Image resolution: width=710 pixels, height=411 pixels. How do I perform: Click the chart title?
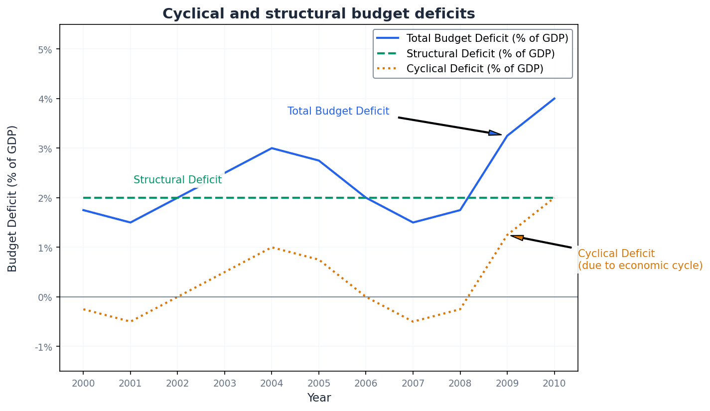318,13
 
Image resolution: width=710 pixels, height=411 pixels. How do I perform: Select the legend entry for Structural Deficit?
480,53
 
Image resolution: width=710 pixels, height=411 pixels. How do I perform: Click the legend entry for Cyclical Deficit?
474,69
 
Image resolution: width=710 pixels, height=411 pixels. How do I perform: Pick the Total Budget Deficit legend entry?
487,38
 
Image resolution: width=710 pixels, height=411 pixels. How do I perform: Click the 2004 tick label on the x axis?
271,383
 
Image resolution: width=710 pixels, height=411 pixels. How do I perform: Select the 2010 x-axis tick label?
554,383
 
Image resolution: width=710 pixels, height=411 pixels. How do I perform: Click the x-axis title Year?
319,398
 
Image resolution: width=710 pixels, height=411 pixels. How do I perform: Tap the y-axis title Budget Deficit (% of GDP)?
12,198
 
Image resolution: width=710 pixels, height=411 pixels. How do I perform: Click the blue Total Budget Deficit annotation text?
338,112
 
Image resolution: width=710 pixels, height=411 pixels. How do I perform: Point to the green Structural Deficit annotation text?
177,180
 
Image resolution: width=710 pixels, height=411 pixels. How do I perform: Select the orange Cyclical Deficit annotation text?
640,260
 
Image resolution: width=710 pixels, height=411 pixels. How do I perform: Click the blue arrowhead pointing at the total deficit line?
495,133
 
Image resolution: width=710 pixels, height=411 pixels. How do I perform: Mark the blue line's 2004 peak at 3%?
271,148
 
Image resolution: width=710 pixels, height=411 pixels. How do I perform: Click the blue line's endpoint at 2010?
554,99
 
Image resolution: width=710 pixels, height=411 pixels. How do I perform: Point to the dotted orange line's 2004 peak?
271,247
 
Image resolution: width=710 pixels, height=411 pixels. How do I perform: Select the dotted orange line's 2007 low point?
413,321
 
